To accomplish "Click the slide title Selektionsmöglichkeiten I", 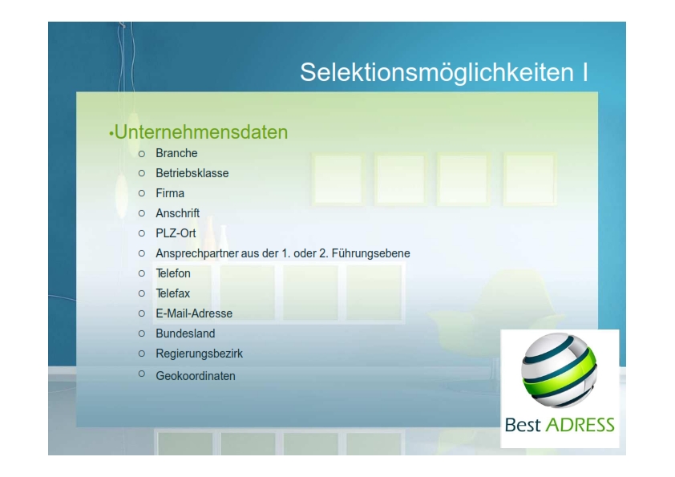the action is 444,72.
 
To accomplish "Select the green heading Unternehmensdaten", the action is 201,132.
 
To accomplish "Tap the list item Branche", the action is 176,153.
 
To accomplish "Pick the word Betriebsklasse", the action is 192,173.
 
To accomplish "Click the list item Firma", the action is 170,193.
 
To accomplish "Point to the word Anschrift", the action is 178,213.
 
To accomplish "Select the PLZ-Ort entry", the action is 176,233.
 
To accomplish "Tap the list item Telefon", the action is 173,273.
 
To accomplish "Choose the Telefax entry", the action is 172,293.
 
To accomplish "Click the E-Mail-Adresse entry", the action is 194,313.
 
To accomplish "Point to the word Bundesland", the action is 185,333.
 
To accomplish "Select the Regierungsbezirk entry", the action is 200,354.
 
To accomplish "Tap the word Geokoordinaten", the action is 196,376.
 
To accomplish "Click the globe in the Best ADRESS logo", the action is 560,370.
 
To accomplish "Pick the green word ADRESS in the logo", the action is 580,425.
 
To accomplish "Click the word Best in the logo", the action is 523,425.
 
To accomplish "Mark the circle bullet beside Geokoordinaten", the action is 142,374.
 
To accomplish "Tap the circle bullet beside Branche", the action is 142,154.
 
